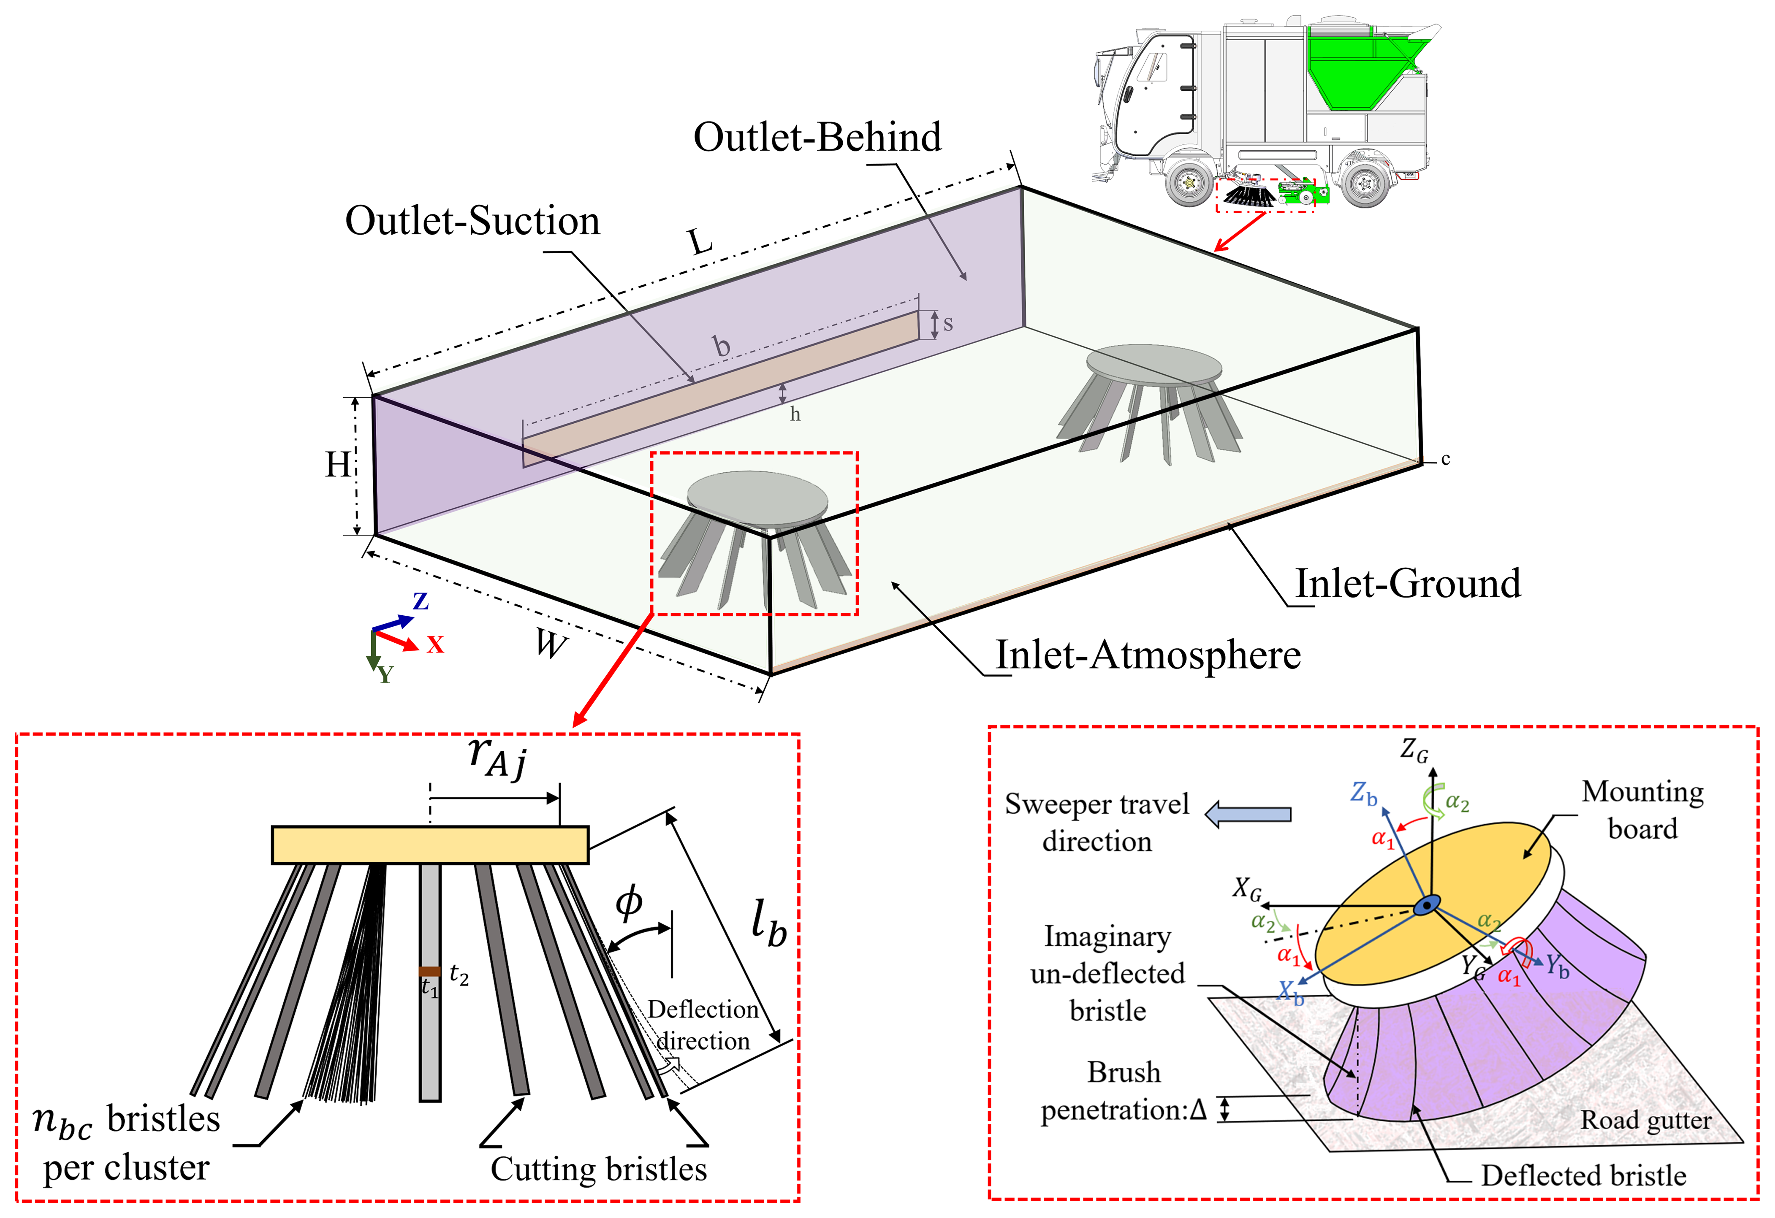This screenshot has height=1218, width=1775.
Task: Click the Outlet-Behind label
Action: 817,138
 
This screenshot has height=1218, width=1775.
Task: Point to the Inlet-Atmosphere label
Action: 1148,655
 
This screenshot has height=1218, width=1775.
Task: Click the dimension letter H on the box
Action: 338,464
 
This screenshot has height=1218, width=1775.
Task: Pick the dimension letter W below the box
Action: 551,644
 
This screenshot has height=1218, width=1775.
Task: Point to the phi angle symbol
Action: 629,904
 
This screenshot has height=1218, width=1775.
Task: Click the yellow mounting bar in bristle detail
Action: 430,844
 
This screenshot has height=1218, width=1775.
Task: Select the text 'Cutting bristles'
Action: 599,1169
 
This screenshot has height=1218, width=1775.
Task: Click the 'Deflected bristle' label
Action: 1583,1176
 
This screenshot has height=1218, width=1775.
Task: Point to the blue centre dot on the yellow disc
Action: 1426,906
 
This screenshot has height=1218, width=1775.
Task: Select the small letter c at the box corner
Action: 1445,460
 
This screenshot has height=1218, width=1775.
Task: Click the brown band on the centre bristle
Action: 429,972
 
